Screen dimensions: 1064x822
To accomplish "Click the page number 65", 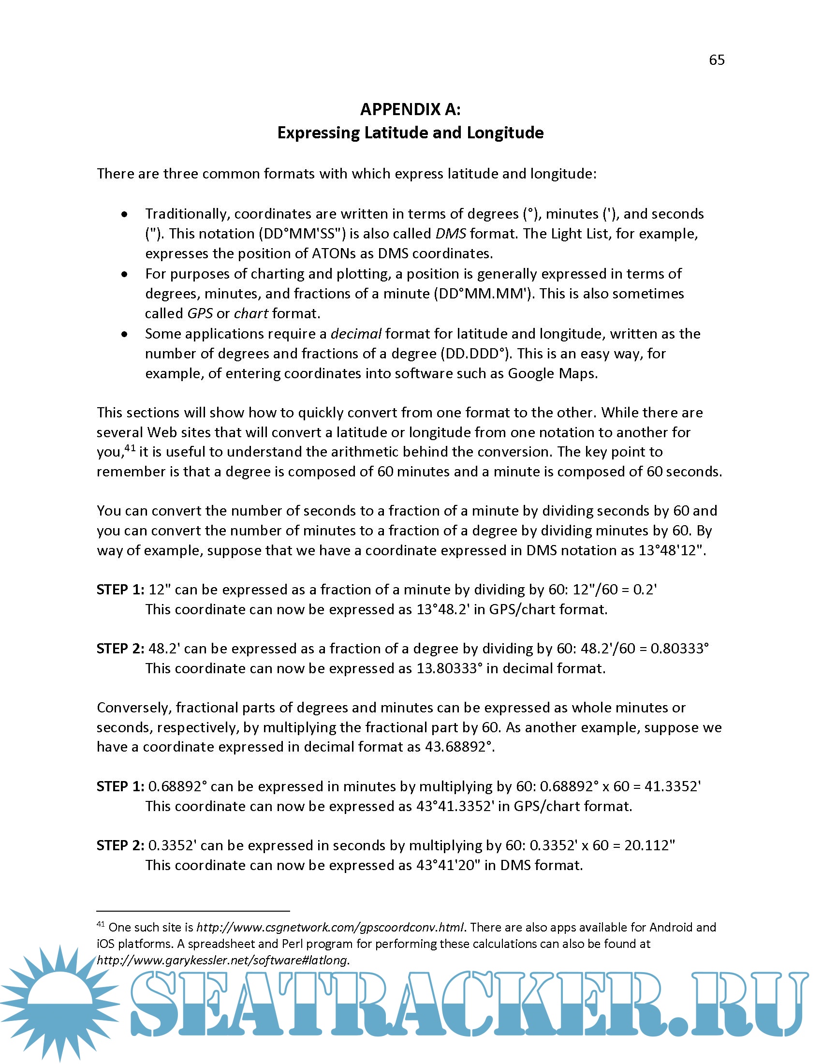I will point(716,60).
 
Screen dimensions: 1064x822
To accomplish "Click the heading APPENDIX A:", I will point(410,109).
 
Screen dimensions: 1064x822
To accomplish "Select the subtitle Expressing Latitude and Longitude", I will point(410,133).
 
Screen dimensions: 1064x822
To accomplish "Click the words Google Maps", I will point(551,373).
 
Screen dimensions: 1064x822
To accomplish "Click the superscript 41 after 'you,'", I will point(130,447).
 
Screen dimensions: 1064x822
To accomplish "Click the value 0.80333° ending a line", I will point(679,649).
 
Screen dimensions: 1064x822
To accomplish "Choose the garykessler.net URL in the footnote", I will point(222,960).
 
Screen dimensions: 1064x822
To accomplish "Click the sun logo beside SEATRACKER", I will point(59,999).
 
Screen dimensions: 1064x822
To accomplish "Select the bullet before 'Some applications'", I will point(125,334).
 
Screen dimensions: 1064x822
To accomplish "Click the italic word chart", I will point(251,314).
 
